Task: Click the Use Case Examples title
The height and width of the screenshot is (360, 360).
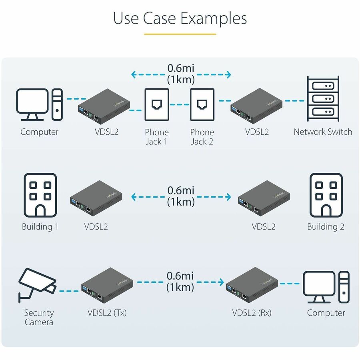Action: [x=180, y=18]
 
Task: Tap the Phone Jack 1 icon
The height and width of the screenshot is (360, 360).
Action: [x=157, y=104]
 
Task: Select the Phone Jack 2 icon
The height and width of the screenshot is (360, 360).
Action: [x=202, y=104]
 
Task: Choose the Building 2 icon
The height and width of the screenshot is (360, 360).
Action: [x=326, y=195]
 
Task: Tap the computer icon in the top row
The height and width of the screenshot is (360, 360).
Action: [x=39, y=104]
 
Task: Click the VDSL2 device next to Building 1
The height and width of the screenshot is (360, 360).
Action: [x=96, y=198]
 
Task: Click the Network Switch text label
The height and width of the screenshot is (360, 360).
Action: [x=323, y=132]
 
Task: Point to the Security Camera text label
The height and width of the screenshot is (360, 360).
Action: [x=39, y=318]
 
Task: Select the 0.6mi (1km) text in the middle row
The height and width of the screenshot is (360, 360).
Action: [x=181, y=196]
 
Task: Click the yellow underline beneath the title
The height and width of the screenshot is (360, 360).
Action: [x=180, y=34]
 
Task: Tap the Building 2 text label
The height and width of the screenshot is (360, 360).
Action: [x=326, y=227]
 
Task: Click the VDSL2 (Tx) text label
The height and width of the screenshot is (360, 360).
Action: [x=107, y=313]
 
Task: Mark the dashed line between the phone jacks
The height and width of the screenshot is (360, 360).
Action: [x=180, y=105]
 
